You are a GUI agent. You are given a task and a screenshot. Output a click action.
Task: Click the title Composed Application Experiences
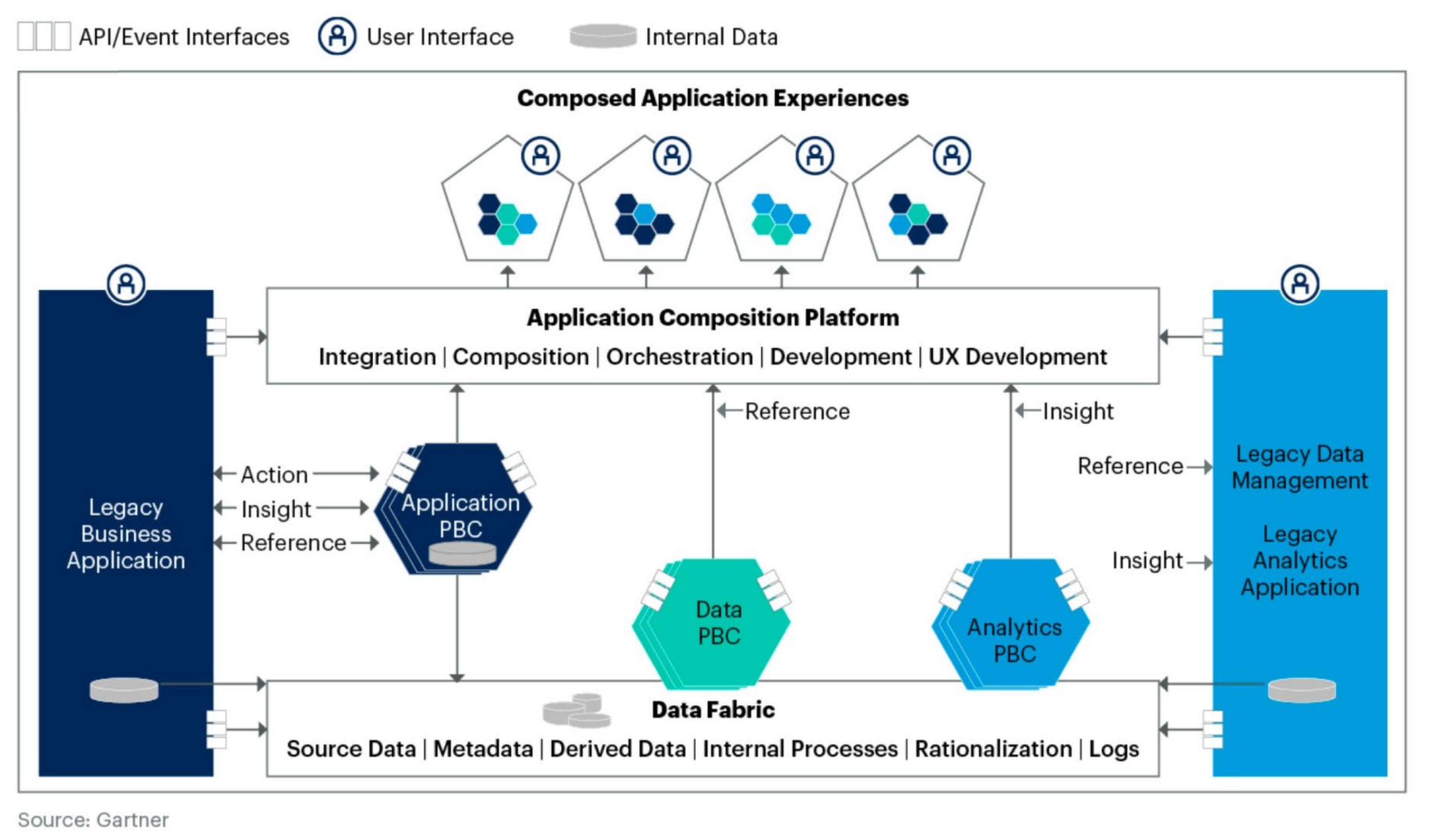(713, 98)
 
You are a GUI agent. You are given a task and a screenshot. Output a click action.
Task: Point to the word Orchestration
(679, 356)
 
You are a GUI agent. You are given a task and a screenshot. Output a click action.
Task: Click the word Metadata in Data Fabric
(483, 749)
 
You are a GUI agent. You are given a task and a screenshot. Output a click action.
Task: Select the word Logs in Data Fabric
(1113, 749)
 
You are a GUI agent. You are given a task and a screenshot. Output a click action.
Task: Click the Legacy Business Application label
(126, 533)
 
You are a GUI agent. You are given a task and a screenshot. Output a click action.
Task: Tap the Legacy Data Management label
(1299, 467)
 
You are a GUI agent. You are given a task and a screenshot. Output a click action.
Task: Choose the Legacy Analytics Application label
(1299, 560)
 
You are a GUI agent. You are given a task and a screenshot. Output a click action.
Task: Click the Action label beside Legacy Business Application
(274, 474)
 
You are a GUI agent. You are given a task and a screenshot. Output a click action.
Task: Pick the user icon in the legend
(337, 37)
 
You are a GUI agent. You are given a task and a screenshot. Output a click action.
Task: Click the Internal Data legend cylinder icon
(603, 37)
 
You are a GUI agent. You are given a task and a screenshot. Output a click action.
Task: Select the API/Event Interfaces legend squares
(44, 37)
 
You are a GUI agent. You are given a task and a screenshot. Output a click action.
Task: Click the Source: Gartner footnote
(93, 820)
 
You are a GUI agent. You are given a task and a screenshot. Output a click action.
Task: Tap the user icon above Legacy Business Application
(126, 284)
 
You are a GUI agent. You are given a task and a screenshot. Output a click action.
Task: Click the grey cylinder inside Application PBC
(462, 554)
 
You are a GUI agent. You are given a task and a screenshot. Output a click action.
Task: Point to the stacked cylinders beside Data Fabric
(577, 710)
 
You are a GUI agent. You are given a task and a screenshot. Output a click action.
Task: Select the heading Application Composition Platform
(713, 317)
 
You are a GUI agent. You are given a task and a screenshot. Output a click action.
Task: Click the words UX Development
(1017, 356)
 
